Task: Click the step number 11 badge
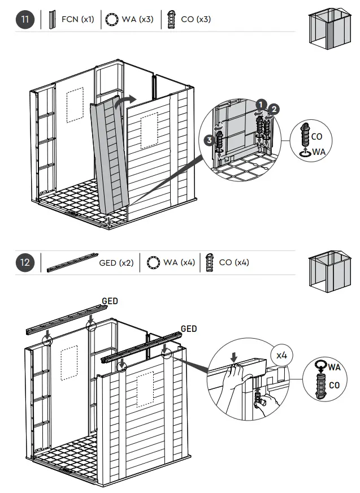[25, 20]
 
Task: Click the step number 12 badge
[25, 263]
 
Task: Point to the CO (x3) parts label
[196, 20]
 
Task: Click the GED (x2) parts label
[116, 263]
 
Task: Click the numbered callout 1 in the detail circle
[260, 104]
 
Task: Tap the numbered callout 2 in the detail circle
[275, 109]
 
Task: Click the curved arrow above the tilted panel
[125, 101]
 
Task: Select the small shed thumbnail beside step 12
[327, 273]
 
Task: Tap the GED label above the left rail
[110, 301]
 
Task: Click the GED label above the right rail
[189, 329]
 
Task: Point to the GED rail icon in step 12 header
[72, 263]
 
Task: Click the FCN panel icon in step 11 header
[53, 20]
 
